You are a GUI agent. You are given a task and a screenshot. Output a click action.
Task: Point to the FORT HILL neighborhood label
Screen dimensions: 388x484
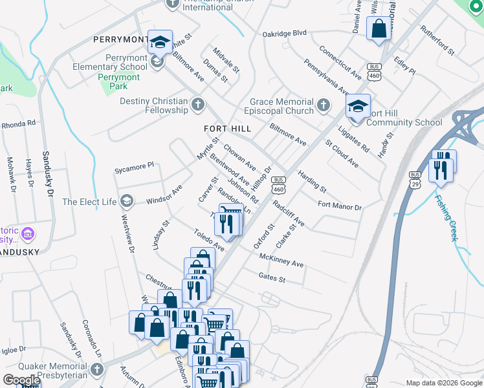[x=227, y=129]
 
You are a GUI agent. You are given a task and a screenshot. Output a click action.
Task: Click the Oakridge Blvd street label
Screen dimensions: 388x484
[x=284, y=34]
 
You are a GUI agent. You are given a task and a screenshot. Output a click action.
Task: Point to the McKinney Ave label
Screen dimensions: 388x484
[x=281, y=260]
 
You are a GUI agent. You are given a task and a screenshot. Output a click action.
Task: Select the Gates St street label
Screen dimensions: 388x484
[x=272, y=278]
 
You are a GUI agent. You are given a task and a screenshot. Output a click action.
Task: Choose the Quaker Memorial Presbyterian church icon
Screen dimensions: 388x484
[x=96, y=370]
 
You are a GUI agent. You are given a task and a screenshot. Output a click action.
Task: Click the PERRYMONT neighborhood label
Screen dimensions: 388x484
[x=120, y=39]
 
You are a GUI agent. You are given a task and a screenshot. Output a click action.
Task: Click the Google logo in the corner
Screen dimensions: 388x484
[x=21, y=380]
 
